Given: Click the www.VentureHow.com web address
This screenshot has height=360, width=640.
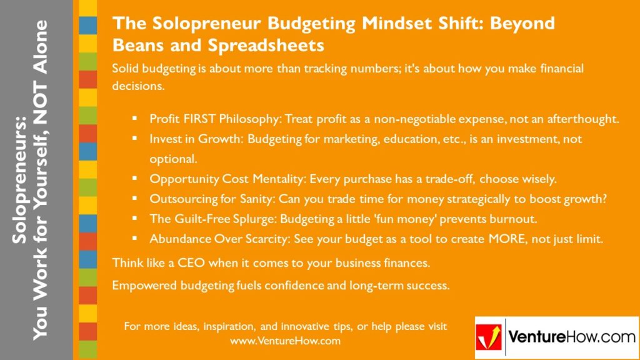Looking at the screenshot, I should pyautogui.click(x=285, y=341).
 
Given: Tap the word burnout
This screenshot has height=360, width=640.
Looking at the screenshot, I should pyautogui.click(x=516, y=219).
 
